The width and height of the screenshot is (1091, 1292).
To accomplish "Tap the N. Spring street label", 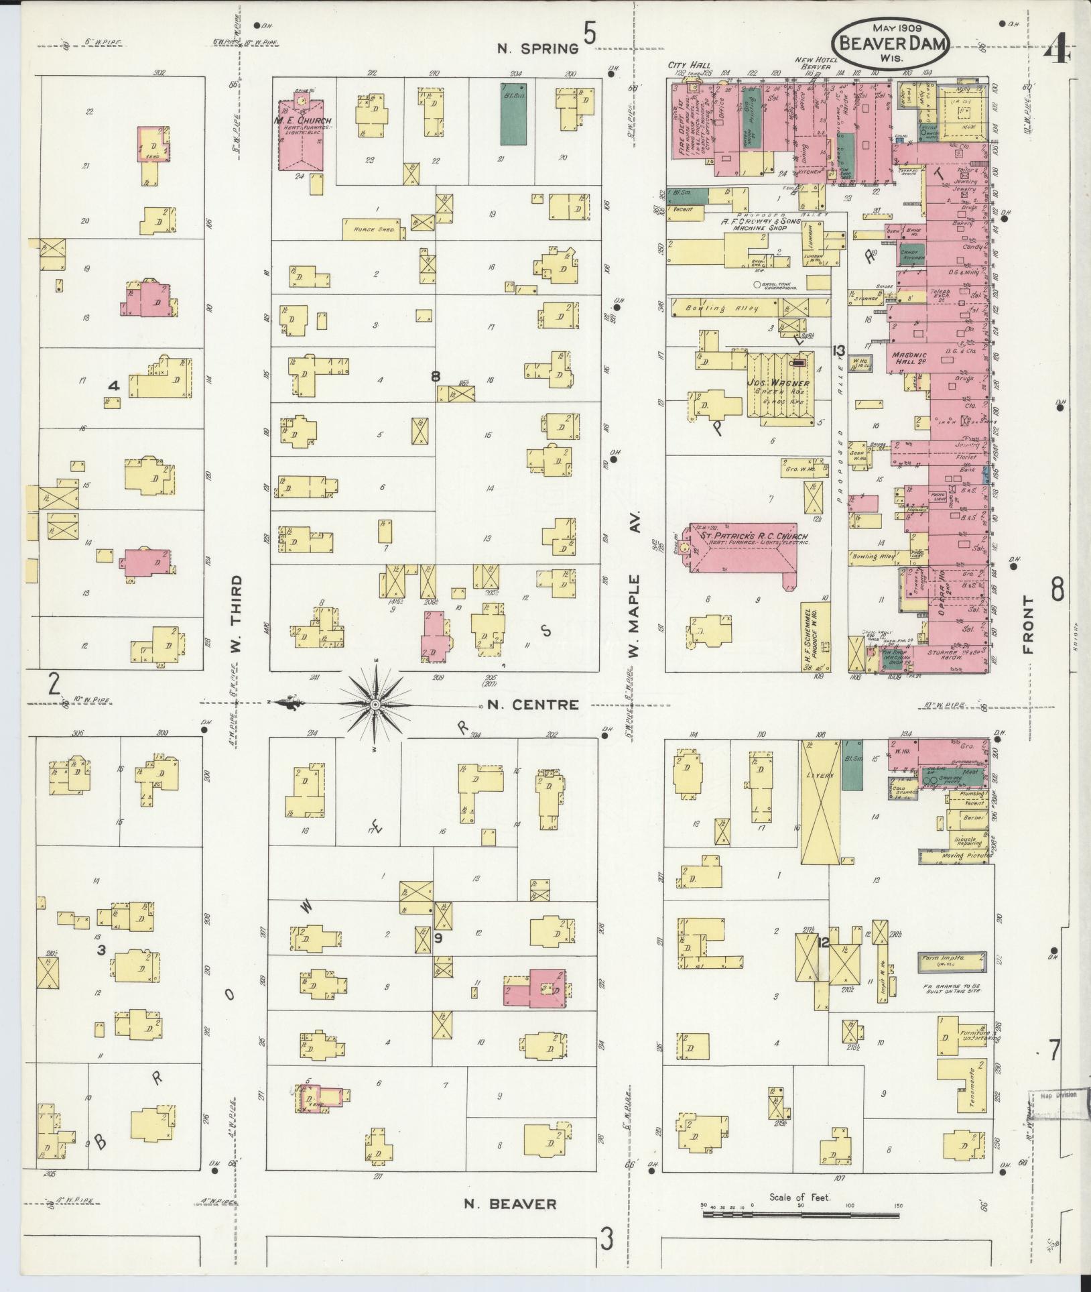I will coord(537,48).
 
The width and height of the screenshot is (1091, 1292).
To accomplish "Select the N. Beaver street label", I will coord(511,1203).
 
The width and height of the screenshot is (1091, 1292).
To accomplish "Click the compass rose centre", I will coord(375,705).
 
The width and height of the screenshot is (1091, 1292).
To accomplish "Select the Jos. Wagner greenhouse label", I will coord(778,383).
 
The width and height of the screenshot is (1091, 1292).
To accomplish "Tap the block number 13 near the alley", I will coord(837,350).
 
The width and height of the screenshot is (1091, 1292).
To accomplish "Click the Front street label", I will coord(1029,624).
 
